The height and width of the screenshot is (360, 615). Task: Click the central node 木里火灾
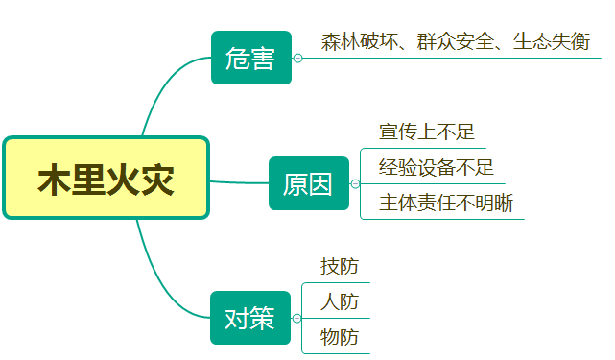(x=106, y=179)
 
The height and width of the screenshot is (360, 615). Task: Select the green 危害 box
(x=250, y=59)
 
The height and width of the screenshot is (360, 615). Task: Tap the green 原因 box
(x=308, y=182)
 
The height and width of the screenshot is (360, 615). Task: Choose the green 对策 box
(x=249, y=318)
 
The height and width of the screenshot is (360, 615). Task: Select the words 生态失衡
(x=551, y=41)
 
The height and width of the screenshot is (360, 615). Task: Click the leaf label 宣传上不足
(x=427, y=132)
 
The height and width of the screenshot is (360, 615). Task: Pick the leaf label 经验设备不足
(x=436, y=167)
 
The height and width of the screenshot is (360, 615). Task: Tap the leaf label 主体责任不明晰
(x=445, y=203)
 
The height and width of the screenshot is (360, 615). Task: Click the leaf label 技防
(x=340, y=266)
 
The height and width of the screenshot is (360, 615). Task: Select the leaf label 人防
(x=340, y=301)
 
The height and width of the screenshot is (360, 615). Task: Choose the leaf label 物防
(x=340, y=337)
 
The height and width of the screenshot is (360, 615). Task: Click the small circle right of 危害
(x=297, y=59)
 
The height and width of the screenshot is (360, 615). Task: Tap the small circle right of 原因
(x=355, y=183)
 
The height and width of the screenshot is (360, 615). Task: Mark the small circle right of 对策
(x=296, y=318)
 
